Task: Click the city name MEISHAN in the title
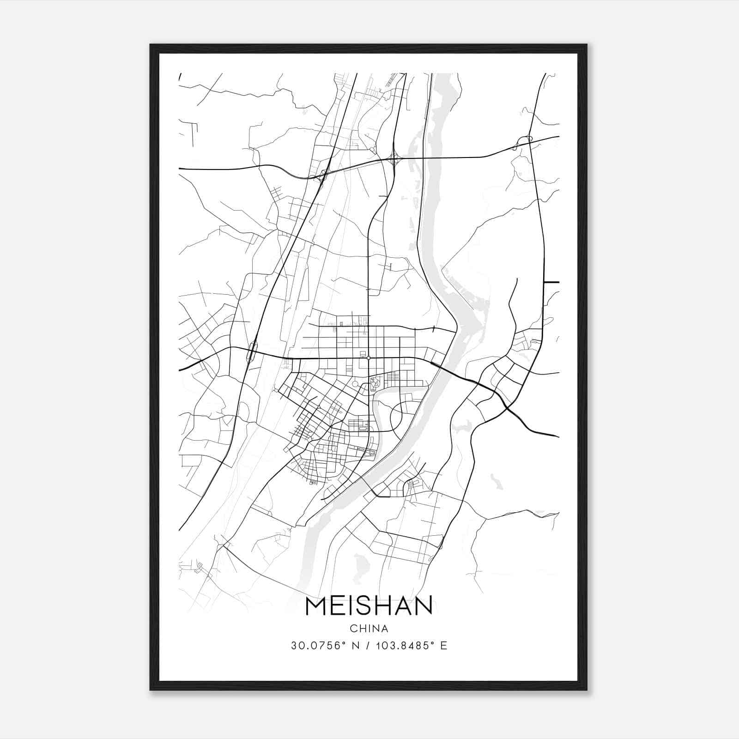coord(369,606)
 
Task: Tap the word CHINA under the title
coord(369,629)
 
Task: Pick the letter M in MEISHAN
coord(316,606)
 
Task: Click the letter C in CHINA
coord(353,629)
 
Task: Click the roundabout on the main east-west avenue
coord(368,357)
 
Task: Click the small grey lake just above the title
coord(359,563)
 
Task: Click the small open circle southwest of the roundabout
coord(355,384)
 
